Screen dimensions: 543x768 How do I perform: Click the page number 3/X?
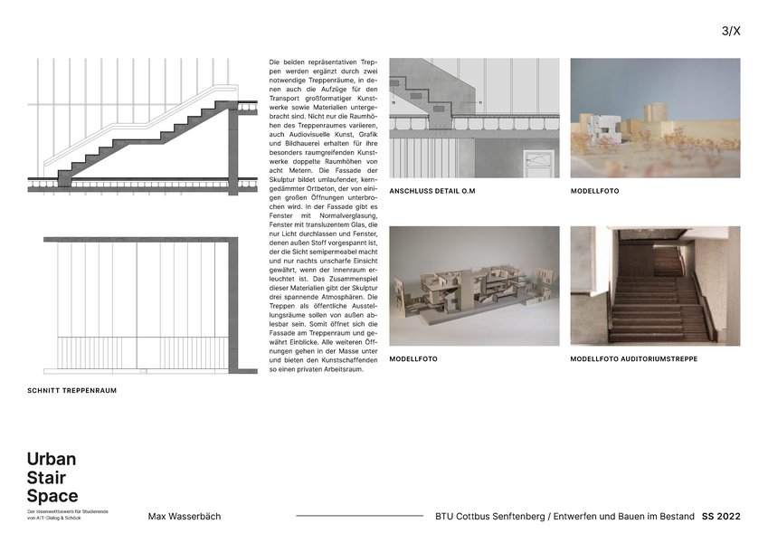point(731,31)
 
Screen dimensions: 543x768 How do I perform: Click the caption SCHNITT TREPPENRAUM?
point(71,391)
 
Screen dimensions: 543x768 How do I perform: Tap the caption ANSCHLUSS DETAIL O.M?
point(431,192)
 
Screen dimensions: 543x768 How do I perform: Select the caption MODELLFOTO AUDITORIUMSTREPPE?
point(633,359)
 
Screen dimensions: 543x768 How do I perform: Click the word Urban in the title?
point(52,459)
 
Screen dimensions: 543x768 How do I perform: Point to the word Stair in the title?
point(47,478)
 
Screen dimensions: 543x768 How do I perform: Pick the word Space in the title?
point(52,496)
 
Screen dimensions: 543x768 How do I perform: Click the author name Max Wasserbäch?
point(184,517)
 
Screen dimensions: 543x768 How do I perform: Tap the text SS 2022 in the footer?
point(721,517)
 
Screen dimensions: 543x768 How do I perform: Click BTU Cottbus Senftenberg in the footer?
point(488,517)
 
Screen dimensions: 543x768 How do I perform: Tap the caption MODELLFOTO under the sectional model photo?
point(412,359)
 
